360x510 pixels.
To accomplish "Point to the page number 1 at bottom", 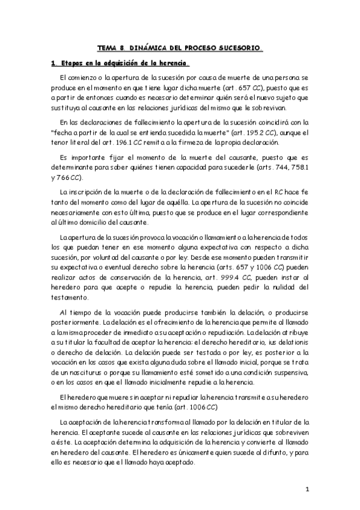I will pyautogui.click(x=307, y=489).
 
